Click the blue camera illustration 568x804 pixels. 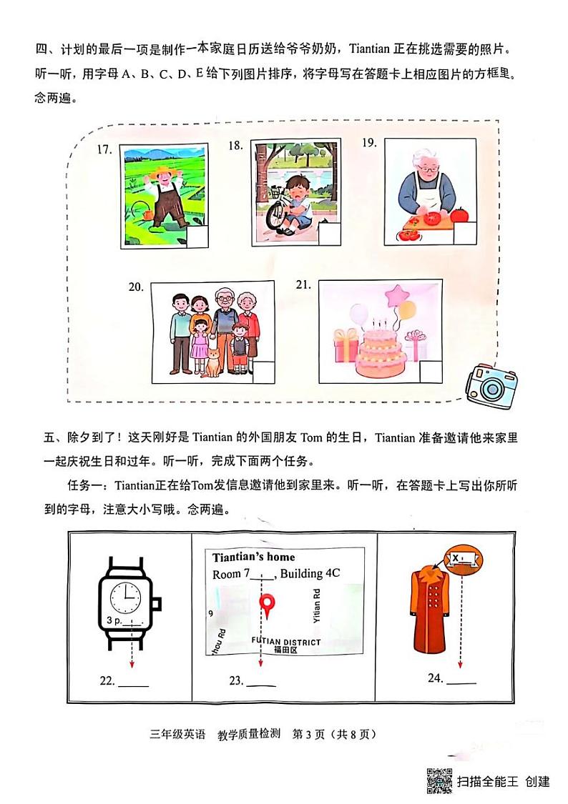point(491,387)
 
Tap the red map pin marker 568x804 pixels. point(266,607)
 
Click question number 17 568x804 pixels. point(105,149)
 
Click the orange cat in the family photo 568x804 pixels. point(213,361)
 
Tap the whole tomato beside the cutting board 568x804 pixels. point(459,214)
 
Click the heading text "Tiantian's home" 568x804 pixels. point(253,557)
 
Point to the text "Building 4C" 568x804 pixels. point(310,573)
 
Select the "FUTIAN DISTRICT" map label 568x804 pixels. point(286,642)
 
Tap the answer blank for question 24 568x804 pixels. point(461,683)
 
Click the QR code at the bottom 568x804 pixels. point(439,780)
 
